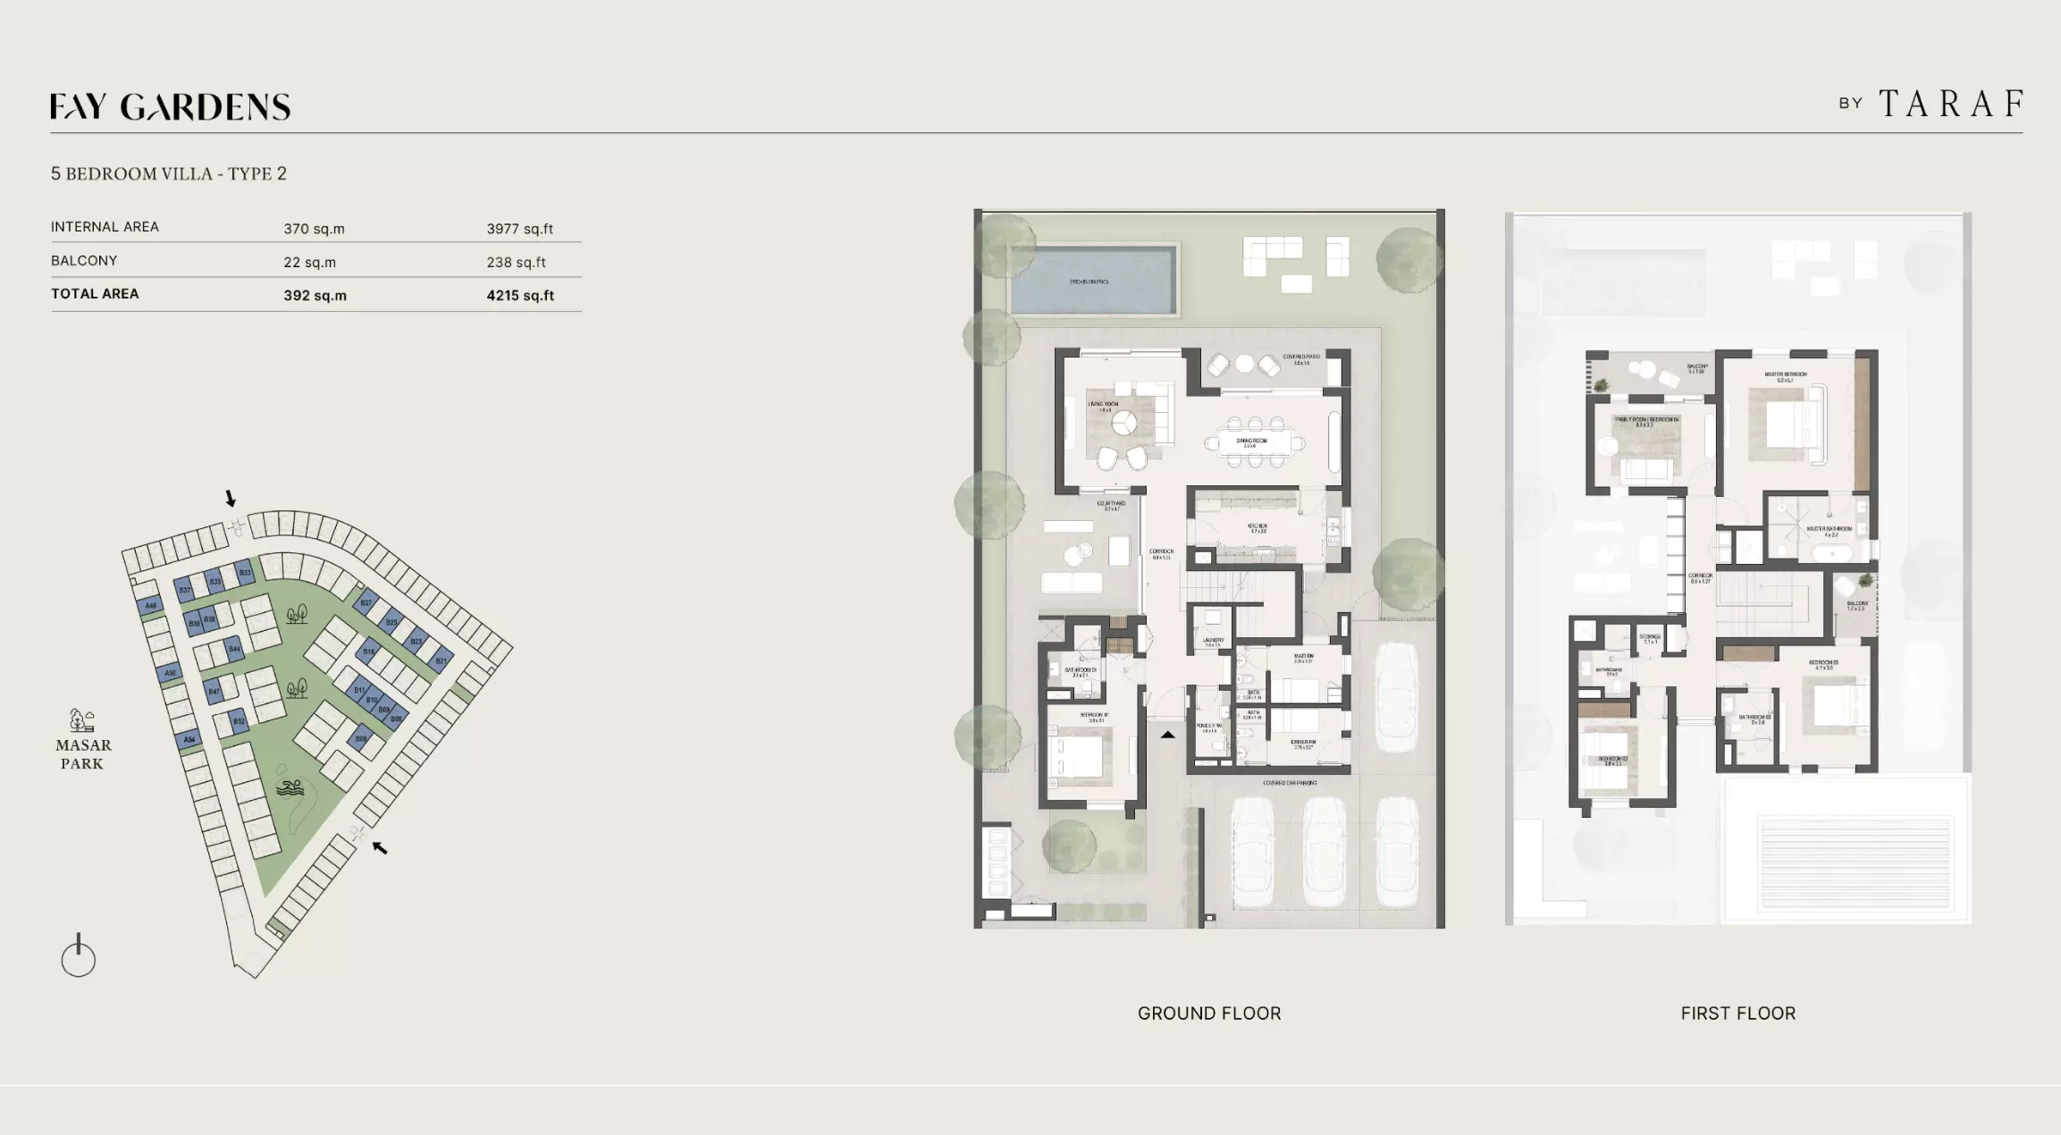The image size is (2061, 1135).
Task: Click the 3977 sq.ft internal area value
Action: pyautogui.click(x=519, y=229)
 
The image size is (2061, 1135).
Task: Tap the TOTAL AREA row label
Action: pyautogui.click(x=95, y=294)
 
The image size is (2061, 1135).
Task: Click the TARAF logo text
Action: pyautogui.click(x=1950, y=105)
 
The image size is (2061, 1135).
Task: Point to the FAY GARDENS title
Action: pyautogui.click(x=170, y=107)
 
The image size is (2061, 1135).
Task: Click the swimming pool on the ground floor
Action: pyautogui.click(x=1092, y=281)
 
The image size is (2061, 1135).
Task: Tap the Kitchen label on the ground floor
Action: pyautogui.click(x=1258, y=528)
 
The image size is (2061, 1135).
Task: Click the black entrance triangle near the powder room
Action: pyautogui.click(x=1167, y=735)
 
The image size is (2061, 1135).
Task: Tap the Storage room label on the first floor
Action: pyautogui.click(x=1650, y=638)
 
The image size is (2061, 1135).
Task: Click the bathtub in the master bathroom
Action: pyautogui.click(x=1832, y=554)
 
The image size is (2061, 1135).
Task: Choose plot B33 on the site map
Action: pyautogui.click(x=245, y=573)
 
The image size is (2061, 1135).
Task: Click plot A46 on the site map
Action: pyautogui.click(x=151, y=606)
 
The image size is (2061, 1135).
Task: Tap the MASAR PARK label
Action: pyautogui.click(x=83, y=753)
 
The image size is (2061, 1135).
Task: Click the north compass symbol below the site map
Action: pyautogui.click(x=79, y=956)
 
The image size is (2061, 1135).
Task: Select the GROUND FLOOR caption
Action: pyautogui.click(x=1208, y=1013)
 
